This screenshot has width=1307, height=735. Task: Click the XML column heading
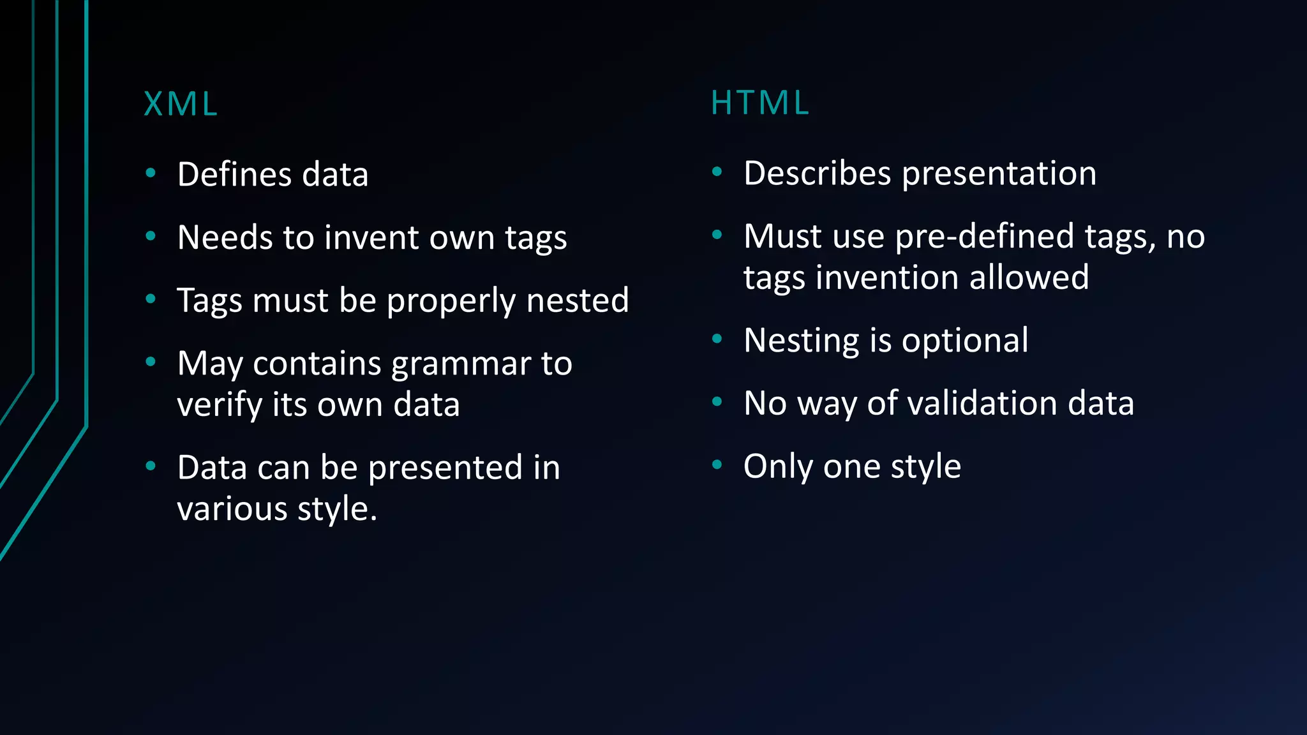pyautogui.click(x=181, y=104)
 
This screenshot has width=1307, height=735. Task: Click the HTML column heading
pyautogui.click(x=760, y=103)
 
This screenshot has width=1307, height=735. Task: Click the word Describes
pyautogui.click(x=818, y=173)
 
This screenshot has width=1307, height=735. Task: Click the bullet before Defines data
pyautogui.click(x=151, y=172)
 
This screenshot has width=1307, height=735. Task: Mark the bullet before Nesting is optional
pyautogui.click(x=717, y=339)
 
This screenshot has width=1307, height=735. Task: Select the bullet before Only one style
pyautogui.click(x=717, y=464)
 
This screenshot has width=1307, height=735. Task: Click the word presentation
pyautogui.click(x=999, y=173)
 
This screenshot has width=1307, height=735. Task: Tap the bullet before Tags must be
pyautogui.click(x=151, y=299)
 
